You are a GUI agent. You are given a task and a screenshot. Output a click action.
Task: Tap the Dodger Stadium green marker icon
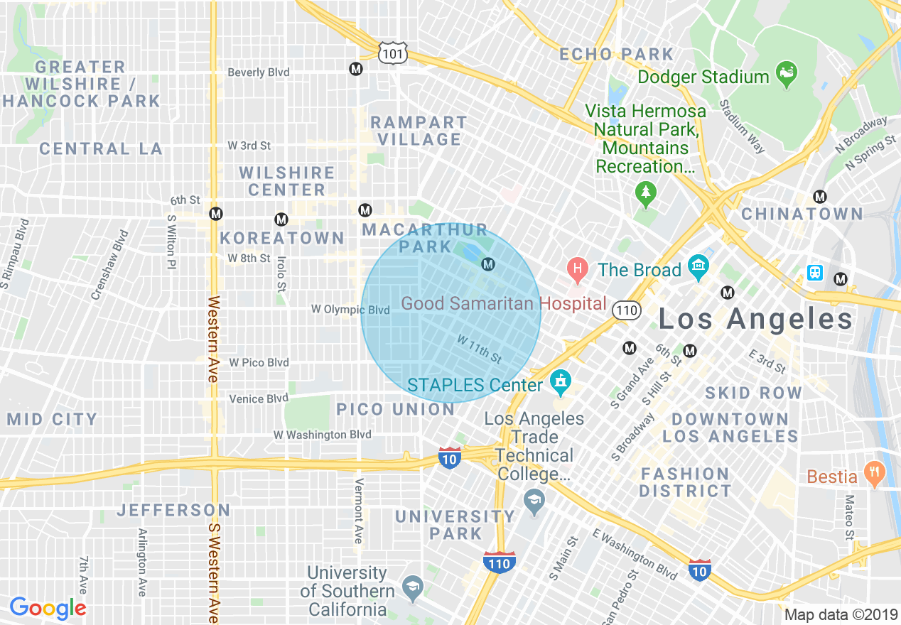[787, 73]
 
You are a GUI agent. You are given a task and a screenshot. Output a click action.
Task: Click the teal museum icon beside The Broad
[699, 266]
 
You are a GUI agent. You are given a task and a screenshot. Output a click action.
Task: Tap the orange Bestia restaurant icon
[874, 472]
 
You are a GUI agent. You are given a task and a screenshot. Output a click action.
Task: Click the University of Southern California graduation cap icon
[412, 587]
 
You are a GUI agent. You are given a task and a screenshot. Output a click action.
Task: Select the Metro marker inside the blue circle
[487, 264]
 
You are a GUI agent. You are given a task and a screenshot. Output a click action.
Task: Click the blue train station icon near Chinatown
[815, 273]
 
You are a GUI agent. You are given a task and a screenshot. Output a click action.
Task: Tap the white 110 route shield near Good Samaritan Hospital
[627, 310]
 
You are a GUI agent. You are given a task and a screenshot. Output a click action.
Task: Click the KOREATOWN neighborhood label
[282, 238]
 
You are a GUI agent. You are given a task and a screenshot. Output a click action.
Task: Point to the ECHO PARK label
[616, 55]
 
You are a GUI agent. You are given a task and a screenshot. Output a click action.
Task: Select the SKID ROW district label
[753, 393]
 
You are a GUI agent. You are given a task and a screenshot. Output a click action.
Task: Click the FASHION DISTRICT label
[685, 482]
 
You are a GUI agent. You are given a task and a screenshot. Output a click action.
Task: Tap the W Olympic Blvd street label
[350, 310]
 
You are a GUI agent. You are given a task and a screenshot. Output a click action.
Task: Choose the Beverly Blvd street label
[258, 72]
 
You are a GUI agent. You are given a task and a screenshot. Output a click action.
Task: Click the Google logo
[48, 608]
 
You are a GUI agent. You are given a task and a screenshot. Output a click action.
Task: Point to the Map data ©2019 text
[840, 614]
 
